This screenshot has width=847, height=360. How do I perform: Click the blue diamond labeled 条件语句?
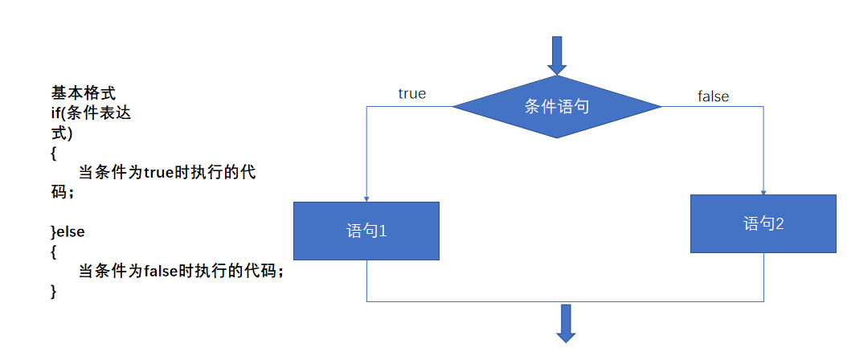(x=557, y=106)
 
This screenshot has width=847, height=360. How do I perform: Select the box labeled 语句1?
(x=366, y=231)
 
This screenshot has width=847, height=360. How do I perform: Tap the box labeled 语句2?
(x=763, y=223)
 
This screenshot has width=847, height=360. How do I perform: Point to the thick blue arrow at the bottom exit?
(x=567, y=323)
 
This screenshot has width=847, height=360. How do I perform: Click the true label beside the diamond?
(x=412, y=94)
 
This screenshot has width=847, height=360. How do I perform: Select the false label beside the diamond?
(x=713, y=96)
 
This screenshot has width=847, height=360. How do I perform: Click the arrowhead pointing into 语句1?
(x=366, y=198)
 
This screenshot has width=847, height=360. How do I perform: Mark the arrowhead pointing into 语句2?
(x=763, y=191)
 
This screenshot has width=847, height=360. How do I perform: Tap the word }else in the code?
(x=68, y=231)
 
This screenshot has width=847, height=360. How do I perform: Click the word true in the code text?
(x=160, y=172)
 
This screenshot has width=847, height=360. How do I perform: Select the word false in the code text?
(x=162, y=272)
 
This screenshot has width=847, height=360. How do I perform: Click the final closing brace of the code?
(x=54, y=291)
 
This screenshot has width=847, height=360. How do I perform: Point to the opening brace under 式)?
(x=54, y=153)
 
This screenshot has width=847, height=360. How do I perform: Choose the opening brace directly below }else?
(x=54, y=252)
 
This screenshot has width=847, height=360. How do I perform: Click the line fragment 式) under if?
(x=62, y=133)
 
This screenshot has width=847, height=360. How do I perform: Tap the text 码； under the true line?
(x=63, y=193)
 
